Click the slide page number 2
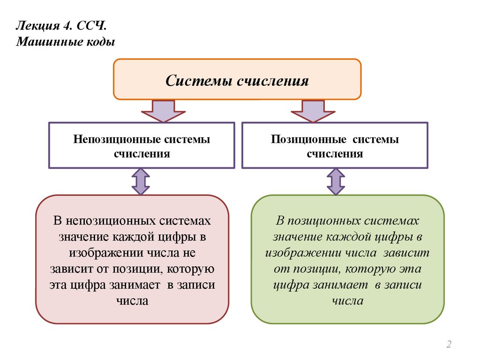coord(449,345)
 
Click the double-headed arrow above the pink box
coord(141,181)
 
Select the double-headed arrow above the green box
coord(335,181)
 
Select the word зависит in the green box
coord(406,253)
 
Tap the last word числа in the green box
coord(347,301)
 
